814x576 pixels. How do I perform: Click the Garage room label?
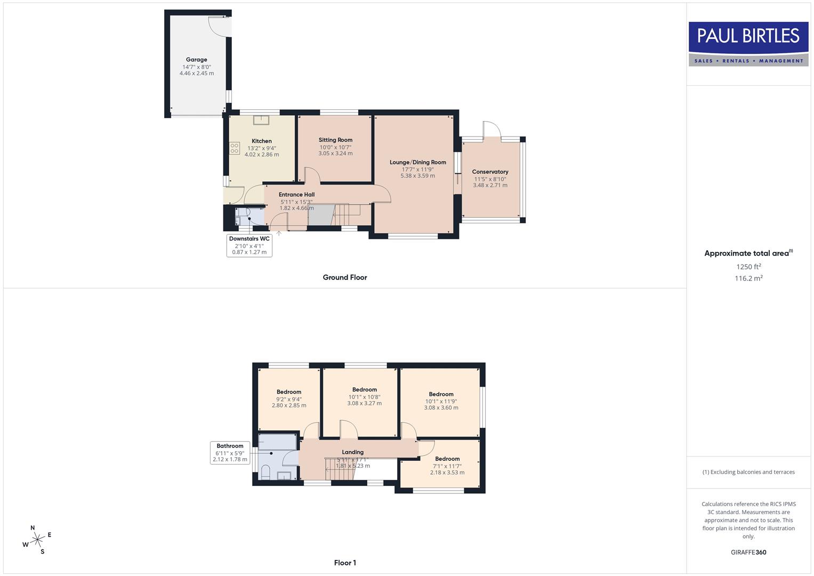197,60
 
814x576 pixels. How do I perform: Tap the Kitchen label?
262,141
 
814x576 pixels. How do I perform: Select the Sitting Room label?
335,140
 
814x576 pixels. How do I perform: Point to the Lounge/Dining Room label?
417,162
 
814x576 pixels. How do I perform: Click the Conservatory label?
490,172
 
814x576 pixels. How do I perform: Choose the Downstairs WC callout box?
249,245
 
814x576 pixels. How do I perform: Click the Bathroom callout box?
230,452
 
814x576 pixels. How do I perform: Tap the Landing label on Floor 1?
352,452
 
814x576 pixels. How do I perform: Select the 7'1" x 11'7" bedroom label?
447,459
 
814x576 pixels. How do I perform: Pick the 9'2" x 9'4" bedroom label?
289,392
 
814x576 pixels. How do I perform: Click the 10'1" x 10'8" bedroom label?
365,390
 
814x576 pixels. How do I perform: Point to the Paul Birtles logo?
748,44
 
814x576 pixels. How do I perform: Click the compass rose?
37,540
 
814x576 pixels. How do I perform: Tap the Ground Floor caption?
345,277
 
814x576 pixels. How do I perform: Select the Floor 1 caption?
345,563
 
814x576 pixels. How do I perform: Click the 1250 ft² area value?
748,267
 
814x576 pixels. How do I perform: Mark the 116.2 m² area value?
748,278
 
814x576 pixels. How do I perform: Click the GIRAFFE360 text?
748,552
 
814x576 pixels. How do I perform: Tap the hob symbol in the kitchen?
234,148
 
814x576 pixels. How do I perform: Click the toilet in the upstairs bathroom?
265,471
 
